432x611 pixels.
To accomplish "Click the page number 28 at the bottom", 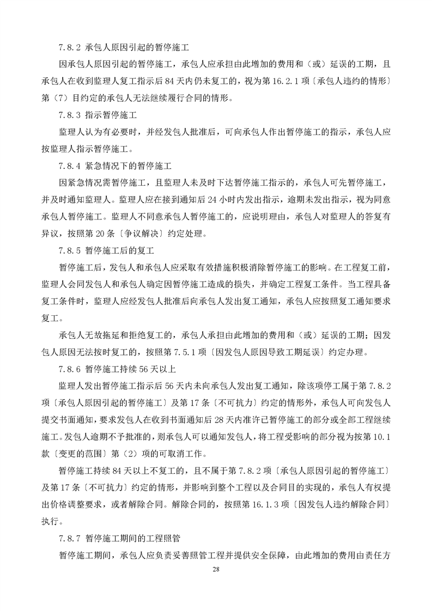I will (216, 569).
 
